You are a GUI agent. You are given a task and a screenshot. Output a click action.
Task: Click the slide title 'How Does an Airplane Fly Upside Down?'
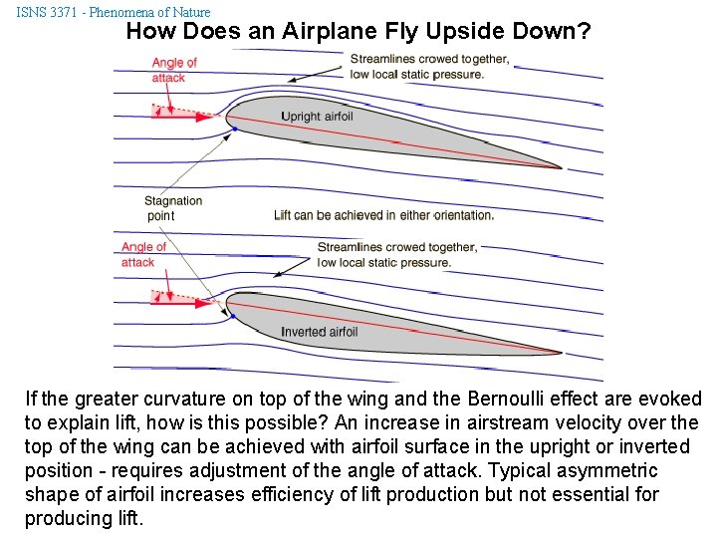click(358, 31)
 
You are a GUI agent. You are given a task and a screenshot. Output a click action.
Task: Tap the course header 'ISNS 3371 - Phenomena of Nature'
click(114, 12)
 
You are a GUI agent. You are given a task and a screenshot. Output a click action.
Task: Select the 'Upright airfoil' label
click(317, 117)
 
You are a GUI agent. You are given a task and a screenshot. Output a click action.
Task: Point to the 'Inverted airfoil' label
click(319, 332)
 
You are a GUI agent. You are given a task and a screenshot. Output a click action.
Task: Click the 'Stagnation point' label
click(173, 208)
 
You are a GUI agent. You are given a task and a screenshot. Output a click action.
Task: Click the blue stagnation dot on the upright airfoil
click(233, 128)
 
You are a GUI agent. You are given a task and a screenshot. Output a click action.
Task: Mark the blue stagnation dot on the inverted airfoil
click(232, 315)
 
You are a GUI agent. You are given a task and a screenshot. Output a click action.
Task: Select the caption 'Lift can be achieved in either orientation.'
click(383, 215)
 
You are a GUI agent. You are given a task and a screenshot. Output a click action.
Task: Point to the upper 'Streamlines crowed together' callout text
click(429, 67)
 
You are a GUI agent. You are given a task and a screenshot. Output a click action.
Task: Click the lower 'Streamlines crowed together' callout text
click(397, 255)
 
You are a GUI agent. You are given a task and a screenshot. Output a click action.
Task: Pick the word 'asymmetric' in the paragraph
click(608, 470)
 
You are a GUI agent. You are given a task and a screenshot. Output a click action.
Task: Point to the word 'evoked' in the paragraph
click(672, 400)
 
